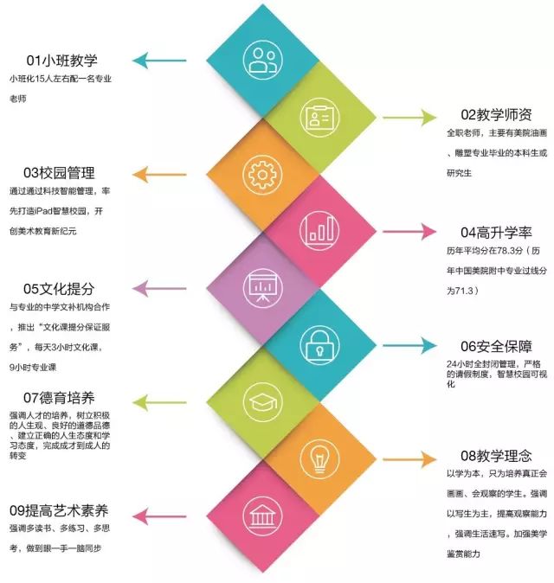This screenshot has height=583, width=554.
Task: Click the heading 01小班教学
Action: [61, 61]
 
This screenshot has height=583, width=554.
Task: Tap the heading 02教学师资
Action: [496, 114]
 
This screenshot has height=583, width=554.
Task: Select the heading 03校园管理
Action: [59, 172]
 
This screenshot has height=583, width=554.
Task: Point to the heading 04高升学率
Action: [496, 233]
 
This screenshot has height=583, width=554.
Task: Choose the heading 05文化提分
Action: [59, 289]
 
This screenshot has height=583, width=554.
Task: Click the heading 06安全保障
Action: [496, 346]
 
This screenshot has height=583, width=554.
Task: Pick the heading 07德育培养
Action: [59, 398]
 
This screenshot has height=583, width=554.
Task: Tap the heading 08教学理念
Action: [496, 456]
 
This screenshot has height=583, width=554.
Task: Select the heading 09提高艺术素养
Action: [59, 510]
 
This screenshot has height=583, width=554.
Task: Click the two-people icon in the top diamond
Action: [262, 61]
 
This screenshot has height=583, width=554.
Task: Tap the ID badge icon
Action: [319, 117]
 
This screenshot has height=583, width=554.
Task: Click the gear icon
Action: [262, 175]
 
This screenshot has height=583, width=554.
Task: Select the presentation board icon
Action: [262, 288]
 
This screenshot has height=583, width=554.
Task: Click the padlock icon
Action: [319, 345]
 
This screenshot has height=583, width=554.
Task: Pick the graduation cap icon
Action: [262, 402]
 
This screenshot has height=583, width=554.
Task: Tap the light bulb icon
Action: [319, 458]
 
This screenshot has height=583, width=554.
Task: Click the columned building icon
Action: [262, 516]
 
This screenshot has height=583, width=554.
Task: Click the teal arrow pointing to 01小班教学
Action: [159, 61]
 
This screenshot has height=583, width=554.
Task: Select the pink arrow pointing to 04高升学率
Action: [409, 232]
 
